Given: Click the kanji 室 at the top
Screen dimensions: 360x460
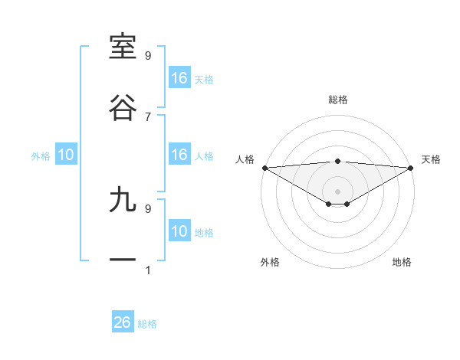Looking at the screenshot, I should pos(123,47).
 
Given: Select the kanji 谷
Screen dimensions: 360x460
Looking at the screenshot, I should pos(123,108).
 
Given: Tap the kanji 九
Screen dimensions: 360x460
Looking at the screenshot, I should pos(123,200).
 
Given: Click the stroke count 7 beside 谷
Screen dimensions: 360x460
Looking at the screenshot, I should pos(148,116).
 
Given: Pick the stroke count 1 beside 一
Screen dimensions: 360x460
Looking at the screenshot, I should pos(148,270).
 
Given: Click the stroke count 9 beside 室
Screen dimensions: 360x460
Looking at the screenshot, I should pos(148,55).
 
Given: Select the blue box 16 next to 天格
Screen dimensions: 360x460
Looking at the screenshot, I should pos(179,78).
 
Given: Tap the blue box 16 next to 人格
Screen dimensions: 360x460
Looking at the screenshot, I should pos(179,155).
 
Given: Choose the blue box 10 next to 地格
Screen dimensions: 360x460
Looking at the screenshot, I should pos(179,231).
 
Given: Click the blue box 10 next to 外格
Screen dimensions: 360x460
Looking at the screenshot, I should pos(66,155).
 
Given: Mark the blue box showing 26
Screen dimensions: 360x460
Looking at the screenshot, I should pos(123,322).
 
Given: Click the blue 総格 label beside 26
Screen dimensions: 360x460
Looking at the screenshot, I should pos(147,324).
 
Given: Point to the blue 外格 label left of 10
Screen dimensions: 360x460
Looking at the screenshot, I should pos(41,155).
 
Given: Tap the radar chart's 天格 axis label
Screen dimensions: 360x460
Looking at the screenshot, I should pos(431,159).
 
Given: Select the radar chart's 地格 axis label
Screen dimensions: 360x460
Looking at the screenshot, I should pos(402,262).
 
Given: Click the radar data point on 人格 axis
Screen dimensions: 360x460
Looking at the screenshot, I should pos(264,168).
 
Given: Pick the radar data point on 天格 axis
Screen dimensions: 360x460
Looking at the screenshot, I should pos(411,168).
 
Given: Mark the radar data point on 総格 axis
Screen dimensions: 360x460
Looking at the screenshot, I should pos(337,161).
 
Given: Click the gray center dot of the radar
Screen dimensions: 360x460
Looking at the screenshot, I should pos(337,191).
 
